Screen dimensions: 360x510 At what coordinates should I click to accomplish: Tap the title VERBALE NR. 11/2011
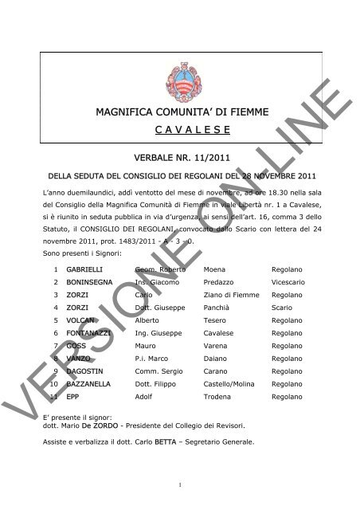[179, 159]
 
